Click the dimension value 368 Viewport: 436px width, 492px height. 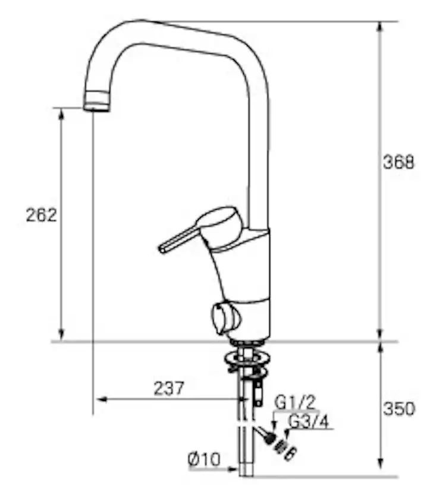399,162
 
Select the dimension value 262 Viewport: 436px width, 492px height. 41,215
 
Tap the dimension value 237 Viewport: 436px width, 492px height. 169,388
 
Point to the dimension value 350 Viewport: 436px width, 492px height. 399,409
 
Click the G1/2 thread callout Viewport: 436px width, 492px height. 294,402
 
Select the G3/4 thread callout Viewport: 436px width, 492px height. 309,421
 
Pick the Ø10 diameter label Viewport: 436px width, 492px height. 204,459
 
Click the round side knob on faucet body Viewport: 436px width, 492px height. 225,316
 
